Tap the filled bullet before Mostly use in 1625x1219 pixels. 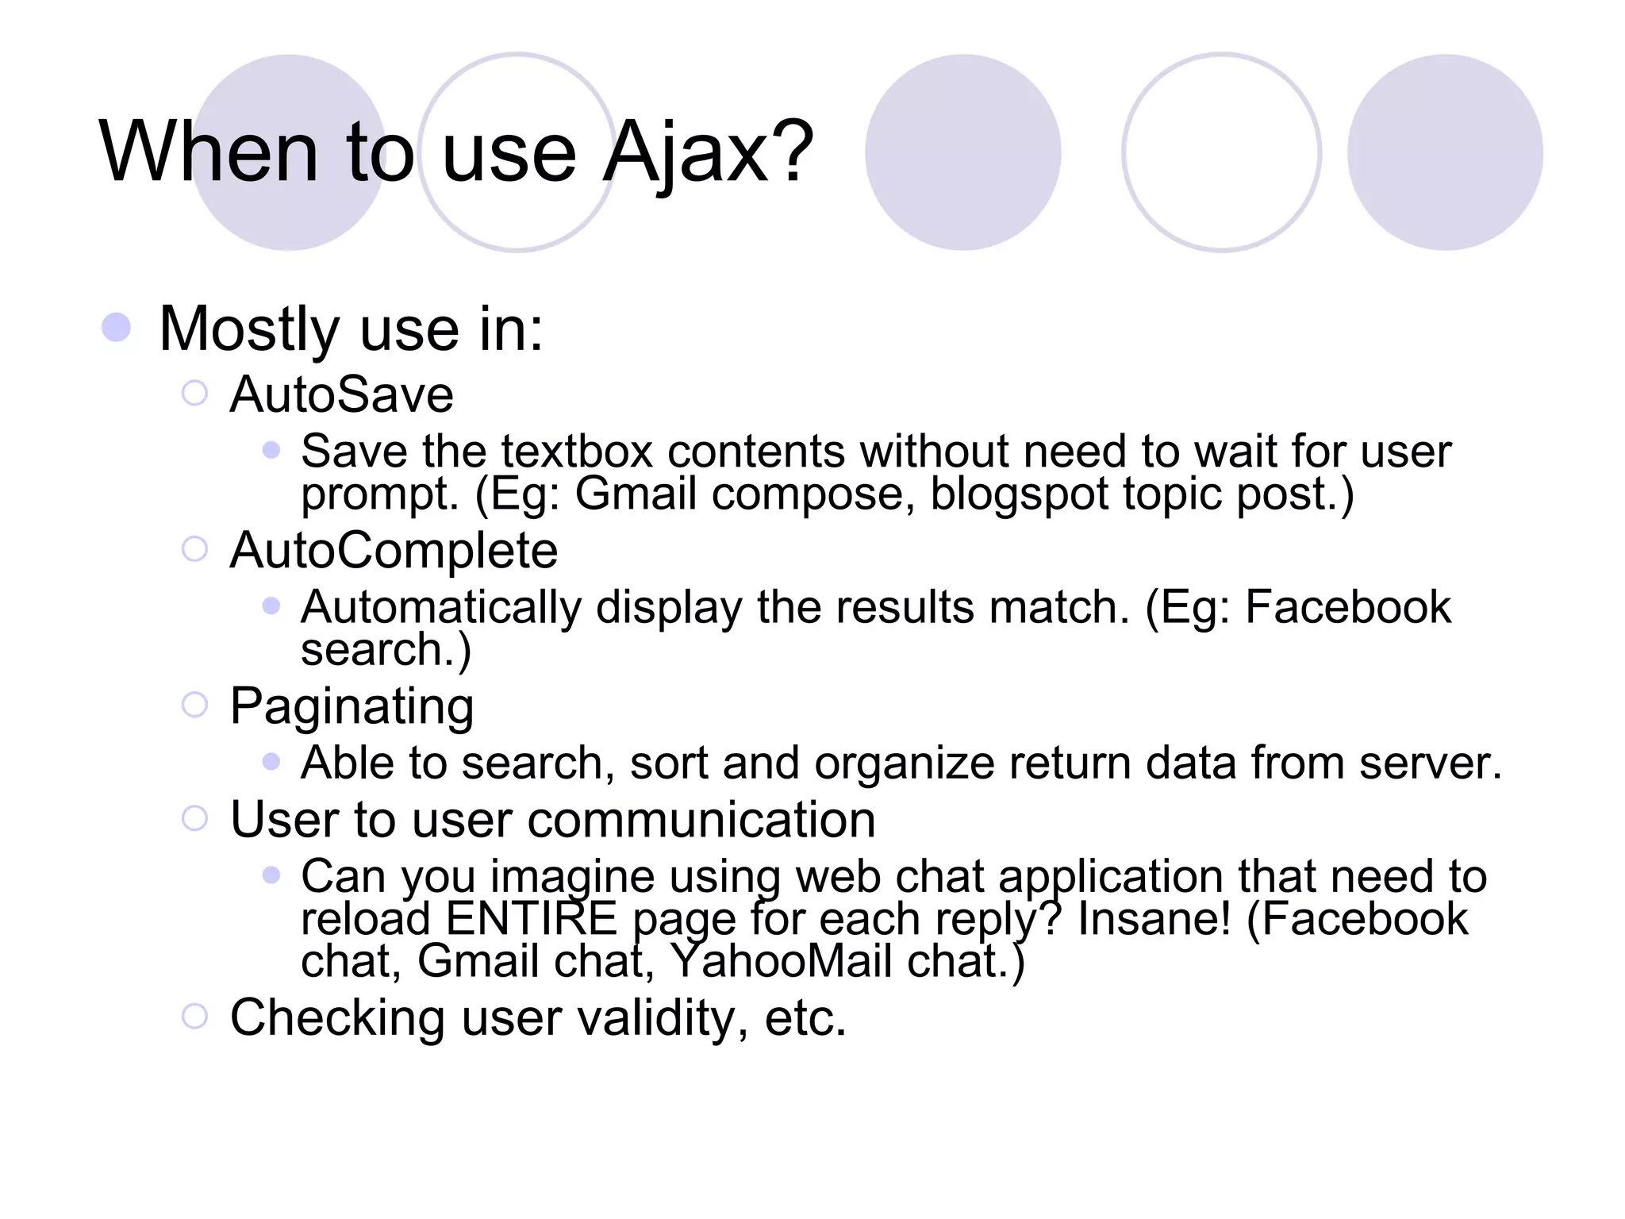click(117, 328)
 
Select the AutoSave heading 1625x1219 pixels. click(341, 394)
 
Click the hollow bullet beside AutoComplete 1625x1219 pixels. click(194, 548)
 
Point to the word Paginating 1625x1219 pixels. click(352, 706)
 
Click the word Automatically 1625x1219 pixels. click(441, 607)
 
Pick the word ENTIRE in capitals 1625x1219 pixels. click(531, 919)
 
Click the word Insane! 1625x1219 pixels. click(1154, 919)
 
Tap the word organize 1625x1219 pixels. click(904, 763)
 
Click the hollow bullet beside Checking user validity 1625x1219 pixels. click(194, 1016)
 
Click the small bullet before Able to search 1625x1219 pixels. click(271, 762)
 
